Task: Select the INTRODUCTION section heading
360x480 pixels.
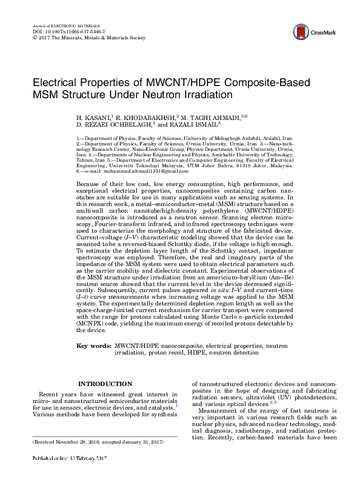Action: coord(105,384)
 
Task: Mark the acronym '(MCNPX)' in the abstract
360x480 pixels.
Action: coord(92,324)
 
